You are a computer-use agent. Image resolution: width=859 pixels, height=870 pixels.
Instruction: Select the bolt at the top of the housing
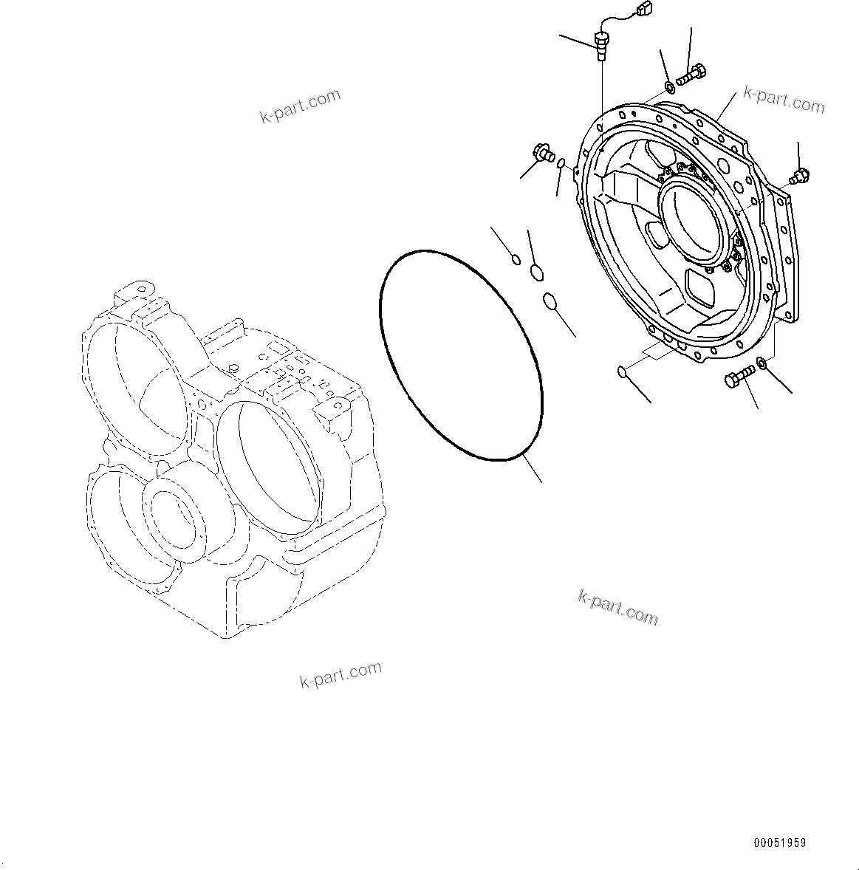(x=692, y=73)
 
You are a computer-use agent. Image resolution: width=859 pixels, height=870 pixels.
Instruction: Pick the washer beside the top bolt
(x=670, y=88)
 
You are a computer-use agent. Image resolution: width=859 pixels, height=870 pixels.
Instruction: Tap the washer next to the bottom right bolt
(x=762, y=362)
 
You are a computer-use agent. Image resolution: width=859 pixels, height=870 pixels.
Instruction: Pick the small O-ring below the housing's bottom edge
(x=622, y=371)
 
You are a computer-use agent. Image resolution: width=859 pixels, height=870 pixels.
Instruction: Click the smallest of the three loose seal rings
(x=516, y=258)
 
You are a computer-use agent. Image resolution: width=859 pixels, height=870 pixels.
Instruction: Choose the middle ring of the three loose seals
(x=537, y=273)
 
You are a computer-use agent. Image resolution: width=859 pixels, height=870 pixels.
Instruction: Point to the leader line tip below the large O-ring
(x=541, y=482)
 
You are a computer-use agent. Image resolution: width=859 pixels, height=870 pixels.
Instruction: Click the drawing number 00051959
(x=780, y=843)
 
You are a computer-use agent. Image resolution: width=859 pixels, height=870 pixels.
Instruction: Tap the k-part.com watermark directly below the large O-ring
(x=617, y=608)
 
